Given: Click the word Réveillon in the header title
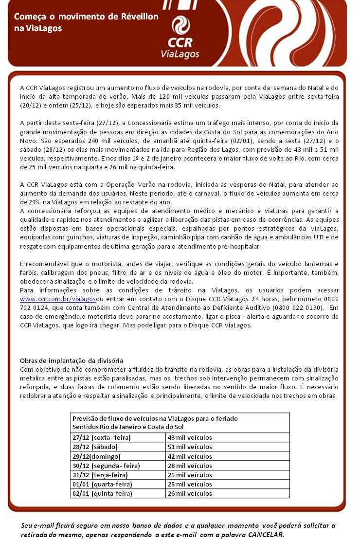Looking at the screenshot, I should [x=139, y=17].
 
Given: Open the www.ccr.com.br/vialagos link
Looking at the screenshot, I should [x=58, y=298].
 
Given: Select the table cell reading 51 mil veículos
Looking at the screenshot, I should [x=190, y=447].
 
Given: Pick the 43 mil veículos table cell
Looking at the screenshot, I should [x=190, y=437].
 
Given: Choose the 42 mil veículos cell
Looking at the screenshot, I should [x=190, y=456].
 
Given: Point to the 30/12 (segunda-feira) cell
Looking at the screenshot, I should [x=103, y=466].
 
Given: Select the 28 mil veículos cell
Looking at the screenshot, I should [x=190, y=466].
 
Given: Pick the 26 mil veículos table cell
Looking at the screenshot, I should [x=190, y=493].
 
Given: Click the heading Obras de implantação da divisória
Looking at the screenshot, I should [x=72, y=360].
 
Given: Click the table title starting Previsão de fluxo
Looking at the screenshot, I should [x=155, y=418].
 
